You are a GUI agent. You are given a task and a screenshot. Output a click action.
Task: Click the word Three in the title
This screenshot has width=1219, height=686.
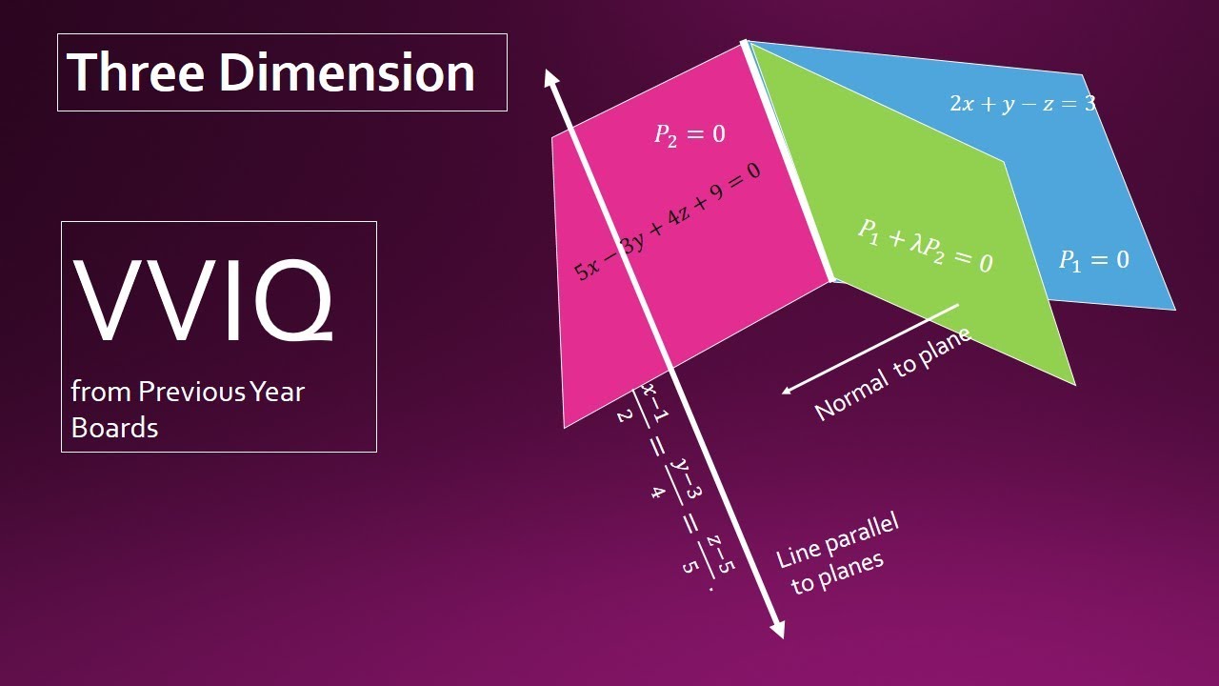pos(132,72)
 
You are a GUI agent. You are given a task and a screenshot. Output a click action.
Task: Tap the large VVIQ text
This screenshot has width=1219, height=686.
pos(204,299)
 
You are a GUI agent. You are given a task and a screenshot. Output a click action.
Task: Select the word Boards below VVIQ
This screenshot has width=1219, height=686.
pos(114,428)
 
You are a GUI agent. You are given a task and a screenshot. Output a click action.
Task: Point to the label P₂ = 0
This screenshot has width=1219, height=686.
pos(689,134)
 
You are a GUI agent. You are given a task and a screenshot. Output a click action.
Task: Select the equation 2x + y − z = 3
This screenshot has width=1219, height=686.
pos(1022,104)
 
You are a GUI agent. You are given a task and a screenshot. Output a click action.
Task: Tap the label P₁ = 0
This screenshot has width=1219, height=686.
pos(1094,259)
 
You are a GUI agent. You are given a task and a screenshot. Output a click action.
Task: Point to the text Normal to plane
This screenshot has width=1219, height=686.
pos(892,373)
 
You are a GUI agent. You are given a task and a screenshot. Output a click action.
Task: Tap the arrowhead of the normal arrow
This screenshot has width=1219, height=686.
pos(786,390)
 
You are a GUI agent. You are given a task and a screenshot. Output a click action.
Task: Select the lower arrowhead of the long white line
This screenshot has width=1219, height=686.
pos(777,630)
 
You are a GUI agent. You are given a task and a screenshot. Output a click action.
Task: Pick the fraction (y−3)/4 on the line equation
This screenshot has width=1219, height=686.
pos(669,480)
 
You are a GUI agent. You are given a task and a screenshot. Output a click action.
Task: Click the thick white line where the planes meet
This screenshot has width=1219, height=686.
pos(789,162)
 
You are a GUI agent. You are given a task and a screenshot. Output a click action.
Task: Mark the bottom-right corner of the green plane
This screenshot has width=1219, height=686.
pos(1074,384)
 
